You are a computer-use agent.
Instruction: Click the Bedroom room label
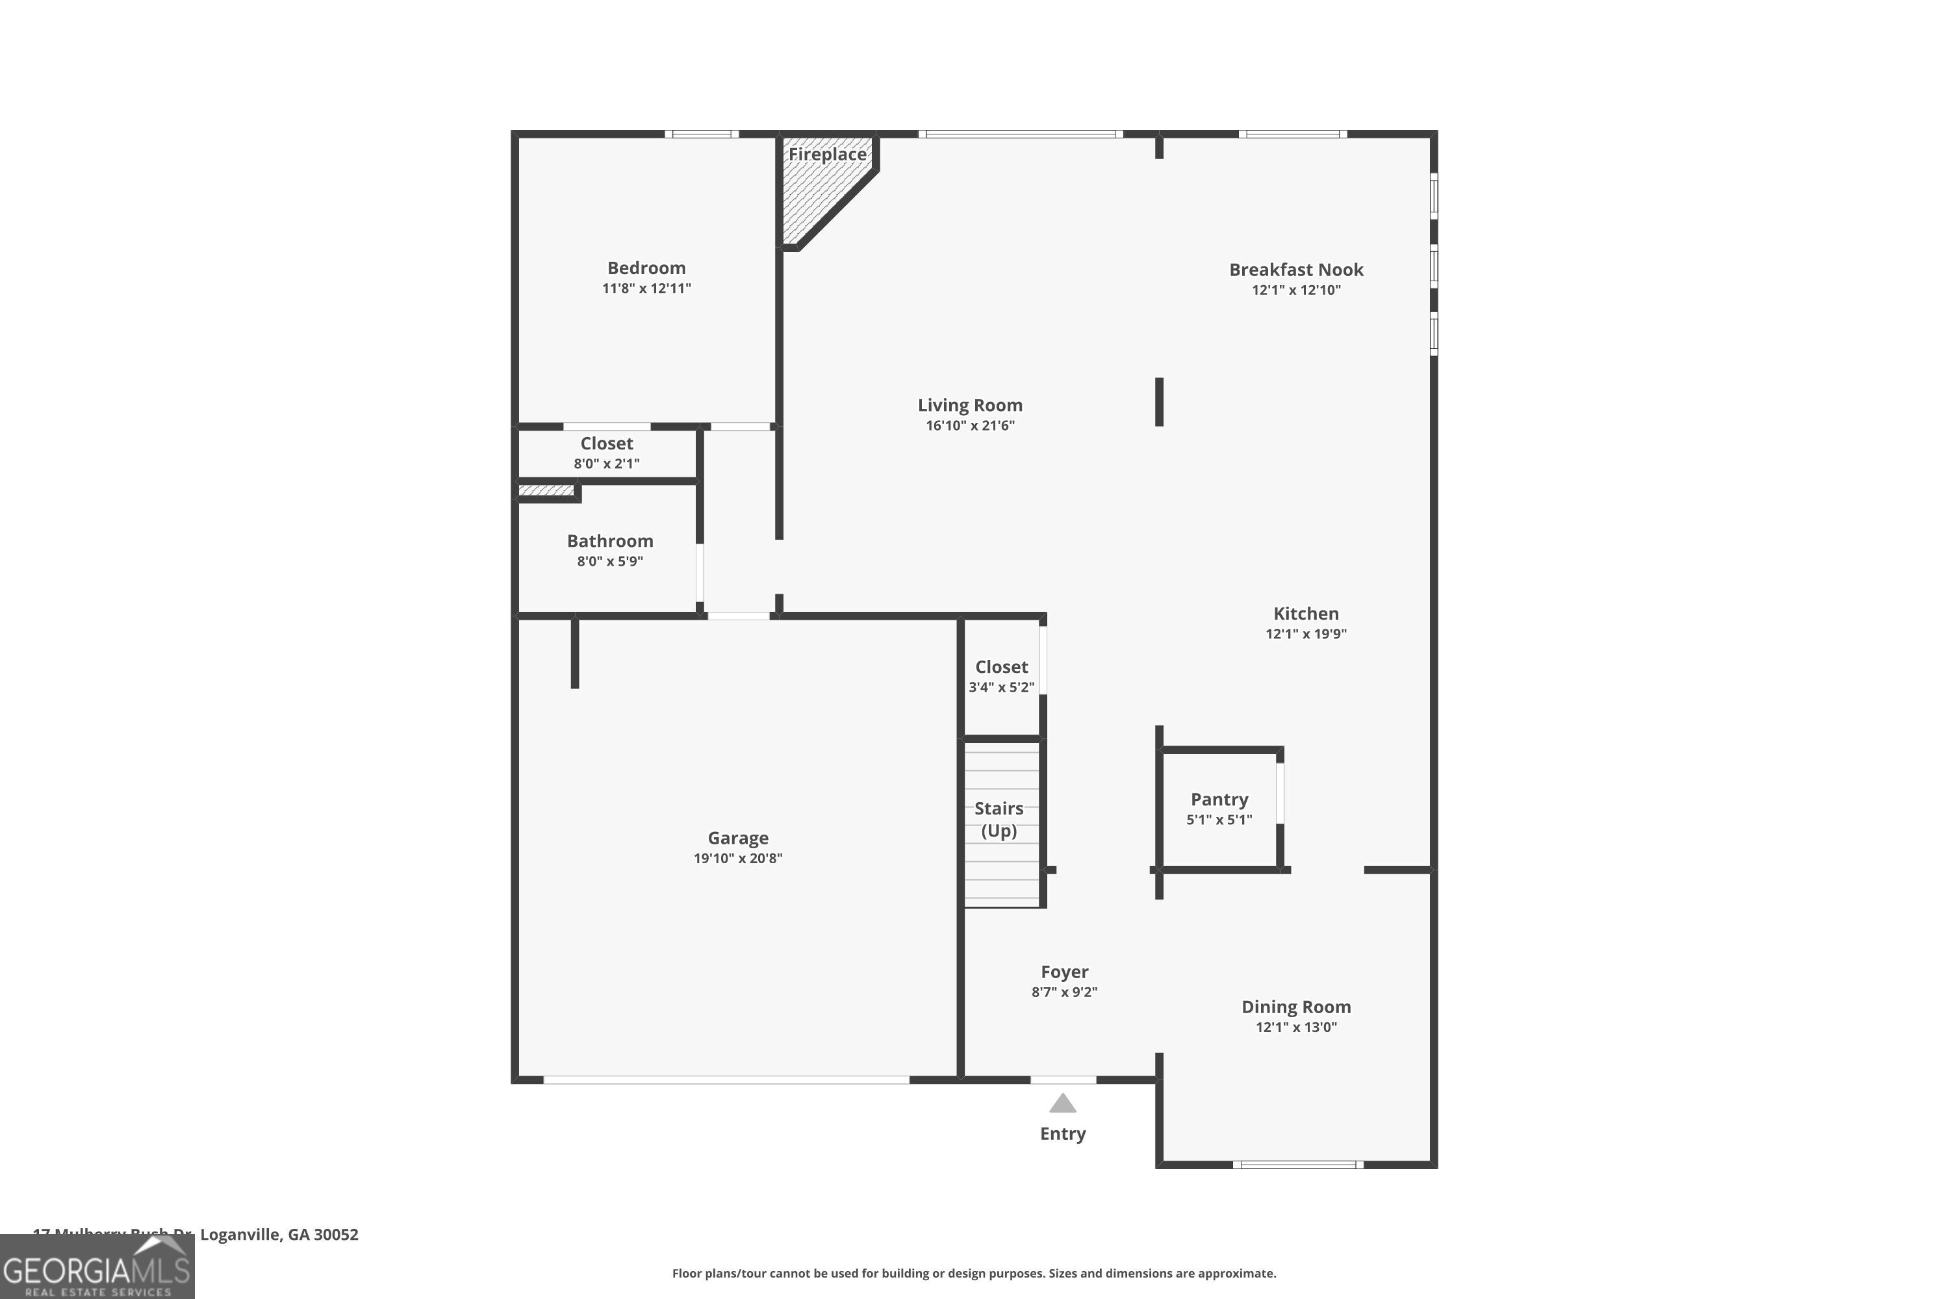point(646,268)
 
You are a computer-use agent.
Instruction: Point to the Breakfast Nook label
point(1296,270)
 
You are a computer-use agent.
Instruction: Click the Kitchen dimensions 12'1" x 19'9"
point(1306,634)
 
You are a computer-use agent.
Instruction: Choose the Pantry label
point(1219,800)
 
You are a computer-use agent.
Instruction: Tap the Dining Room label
point(1296,1007)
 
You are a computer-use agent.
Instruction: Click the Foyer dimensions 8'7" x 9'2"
point(1064,992)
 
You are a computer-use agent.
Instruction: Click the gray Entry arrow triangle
point(1062,1104)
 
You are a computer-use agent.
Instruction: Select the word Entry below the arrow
point(1062,1133)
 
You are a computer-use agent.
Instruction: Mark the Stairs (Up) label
point(999,818)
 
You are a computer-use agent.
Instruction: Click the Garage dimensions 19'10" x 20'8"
point(737,858)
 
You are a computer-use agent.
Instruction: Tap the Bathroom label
point(610,541)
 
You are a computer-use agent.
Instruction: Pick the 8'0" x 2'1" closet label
point(607,463)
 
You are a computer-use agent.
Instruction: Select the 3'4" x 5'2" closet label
point(1001,687)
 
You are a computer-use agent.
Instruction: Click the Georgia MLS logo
point(97,1268)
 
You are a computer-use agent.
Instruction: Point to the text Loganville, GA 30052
point(279,1235)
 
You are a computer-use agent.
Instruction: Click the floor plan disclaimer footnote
point(974,1273)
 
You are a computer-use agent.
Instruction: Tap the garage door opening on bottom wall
point(726,1079)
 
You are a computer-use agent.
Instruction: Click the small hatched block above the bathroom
point(545,491)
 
